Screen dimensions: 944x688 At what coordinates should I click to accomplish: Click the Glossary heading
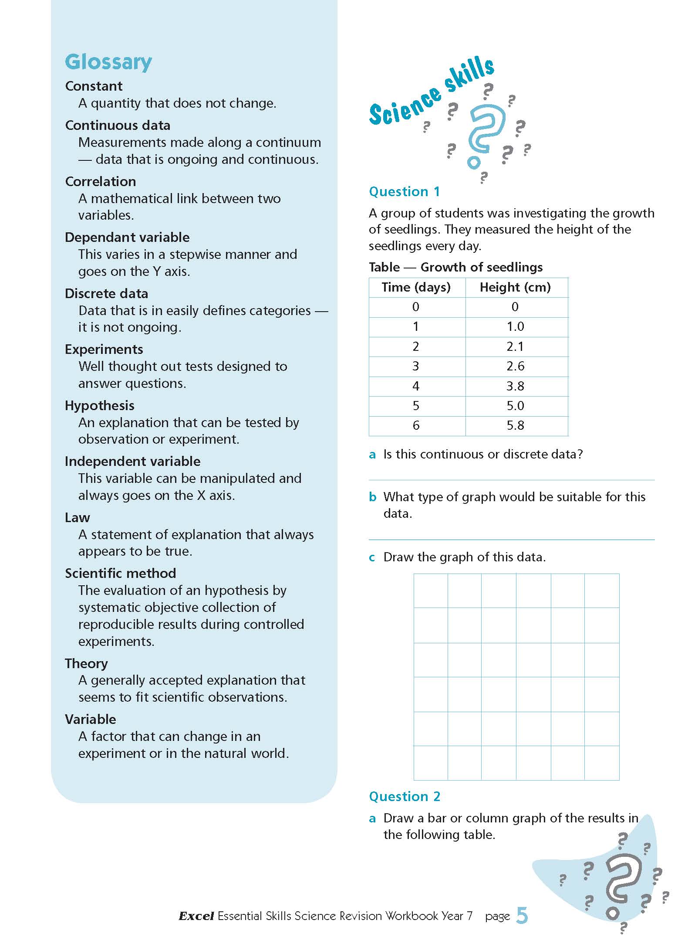tap(108, 62)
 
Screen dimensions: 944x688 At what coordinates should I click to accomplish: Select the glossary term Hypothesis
tap(99, 405)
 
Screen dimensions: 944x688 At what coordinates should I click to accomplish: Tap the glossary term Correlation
tap(100, 181)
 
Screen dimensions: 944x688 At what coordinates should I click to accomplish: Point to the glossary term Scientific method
tap(120, 573)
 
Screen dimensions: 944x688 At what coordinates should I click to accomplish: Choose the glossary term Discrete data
tap(106, 293)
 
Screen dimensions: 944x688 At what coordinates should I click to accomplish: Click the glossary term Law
tap(77, 517)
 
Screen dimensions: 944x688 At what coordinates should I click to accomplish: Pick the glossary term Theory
tap(86, 663)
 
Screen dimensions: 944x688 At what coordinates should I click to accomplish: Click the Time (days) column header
tap(416, 287)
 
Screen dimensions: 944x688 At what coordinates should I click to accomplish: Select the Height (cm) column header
tap(515, 287)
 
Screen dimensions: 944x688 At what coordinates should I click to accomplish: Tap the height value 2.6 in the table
tap(515, 366)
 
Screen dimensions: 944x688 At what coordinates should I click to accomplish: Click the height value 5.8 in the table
tap(515, 425)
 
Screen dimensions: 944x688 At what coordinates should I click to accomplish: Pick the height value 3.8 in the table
tap(515, 386)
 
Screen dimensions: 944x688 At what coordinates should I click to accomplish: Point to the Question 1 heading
tap(404, 191)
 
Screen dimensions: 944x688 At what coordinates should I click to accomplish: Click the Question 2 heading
tap(405, 797)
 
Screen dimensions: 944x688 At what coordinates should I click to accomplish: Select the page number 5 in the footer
tap(522, 916)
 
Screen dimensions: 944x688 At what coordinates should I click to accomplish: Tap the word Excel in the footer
tap(196, 916)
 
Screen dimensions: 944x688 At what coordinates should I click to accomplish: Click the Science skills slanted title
tap(431, 92)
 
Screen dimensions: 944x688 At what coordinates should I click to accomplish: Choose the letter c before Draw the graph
tap(372, 557)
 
